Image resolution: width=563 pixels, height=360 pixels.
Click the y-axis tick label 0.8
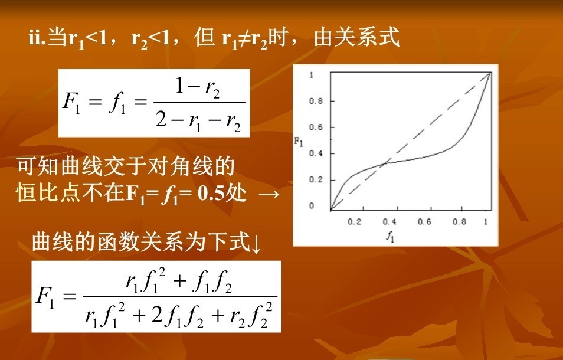click(x=316, y=102)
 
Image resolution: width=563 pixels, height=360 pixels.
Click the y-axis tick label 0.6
click(x=316, y=127)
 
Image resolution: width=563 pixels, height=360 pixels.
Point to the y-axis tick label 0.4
click(x=316, y=153)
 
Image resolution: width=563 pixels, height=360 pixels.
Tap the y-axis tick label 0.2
click(x=316, y=180)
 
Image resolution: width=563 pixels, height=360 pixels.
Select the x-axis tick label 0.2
click(x=355, y=222)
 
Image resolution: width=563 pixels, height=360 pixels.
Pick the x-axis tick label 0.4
click(x=389, y=222)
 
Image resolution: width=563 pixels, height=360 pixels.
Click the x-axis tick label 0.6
click(x=424, y=222)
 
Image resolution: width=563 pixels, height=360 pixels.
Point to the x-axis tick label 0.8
click(x=460, y=222)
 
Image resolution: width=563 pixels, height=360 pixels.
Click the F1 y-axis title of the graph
click(x=299, y=142)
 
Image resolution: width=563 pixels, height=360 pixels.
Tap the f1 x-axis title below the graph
click(x=390, y=237)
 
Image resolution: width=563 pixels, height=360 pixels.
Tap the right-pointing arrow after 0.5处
click(x=269, y=194)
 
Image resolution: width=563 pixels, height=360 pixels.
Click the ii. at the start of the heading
click(x=37, y=37)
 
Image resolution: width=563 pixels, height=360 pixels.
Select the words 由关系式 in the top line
click(x=356, y=37)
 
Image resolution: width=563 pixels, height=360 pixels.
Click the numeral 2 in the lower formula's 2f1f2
click(x=157, y=316)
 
